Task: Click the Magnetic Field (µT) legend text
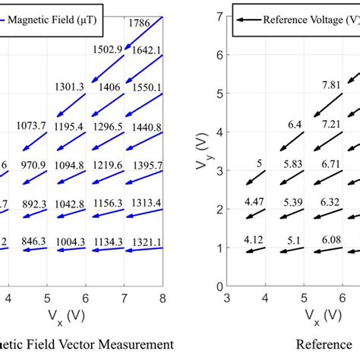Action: pyautogui.click(x=55, y=21)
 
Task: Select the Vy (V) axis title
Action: pyautogui.click(x=203, y=152)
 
